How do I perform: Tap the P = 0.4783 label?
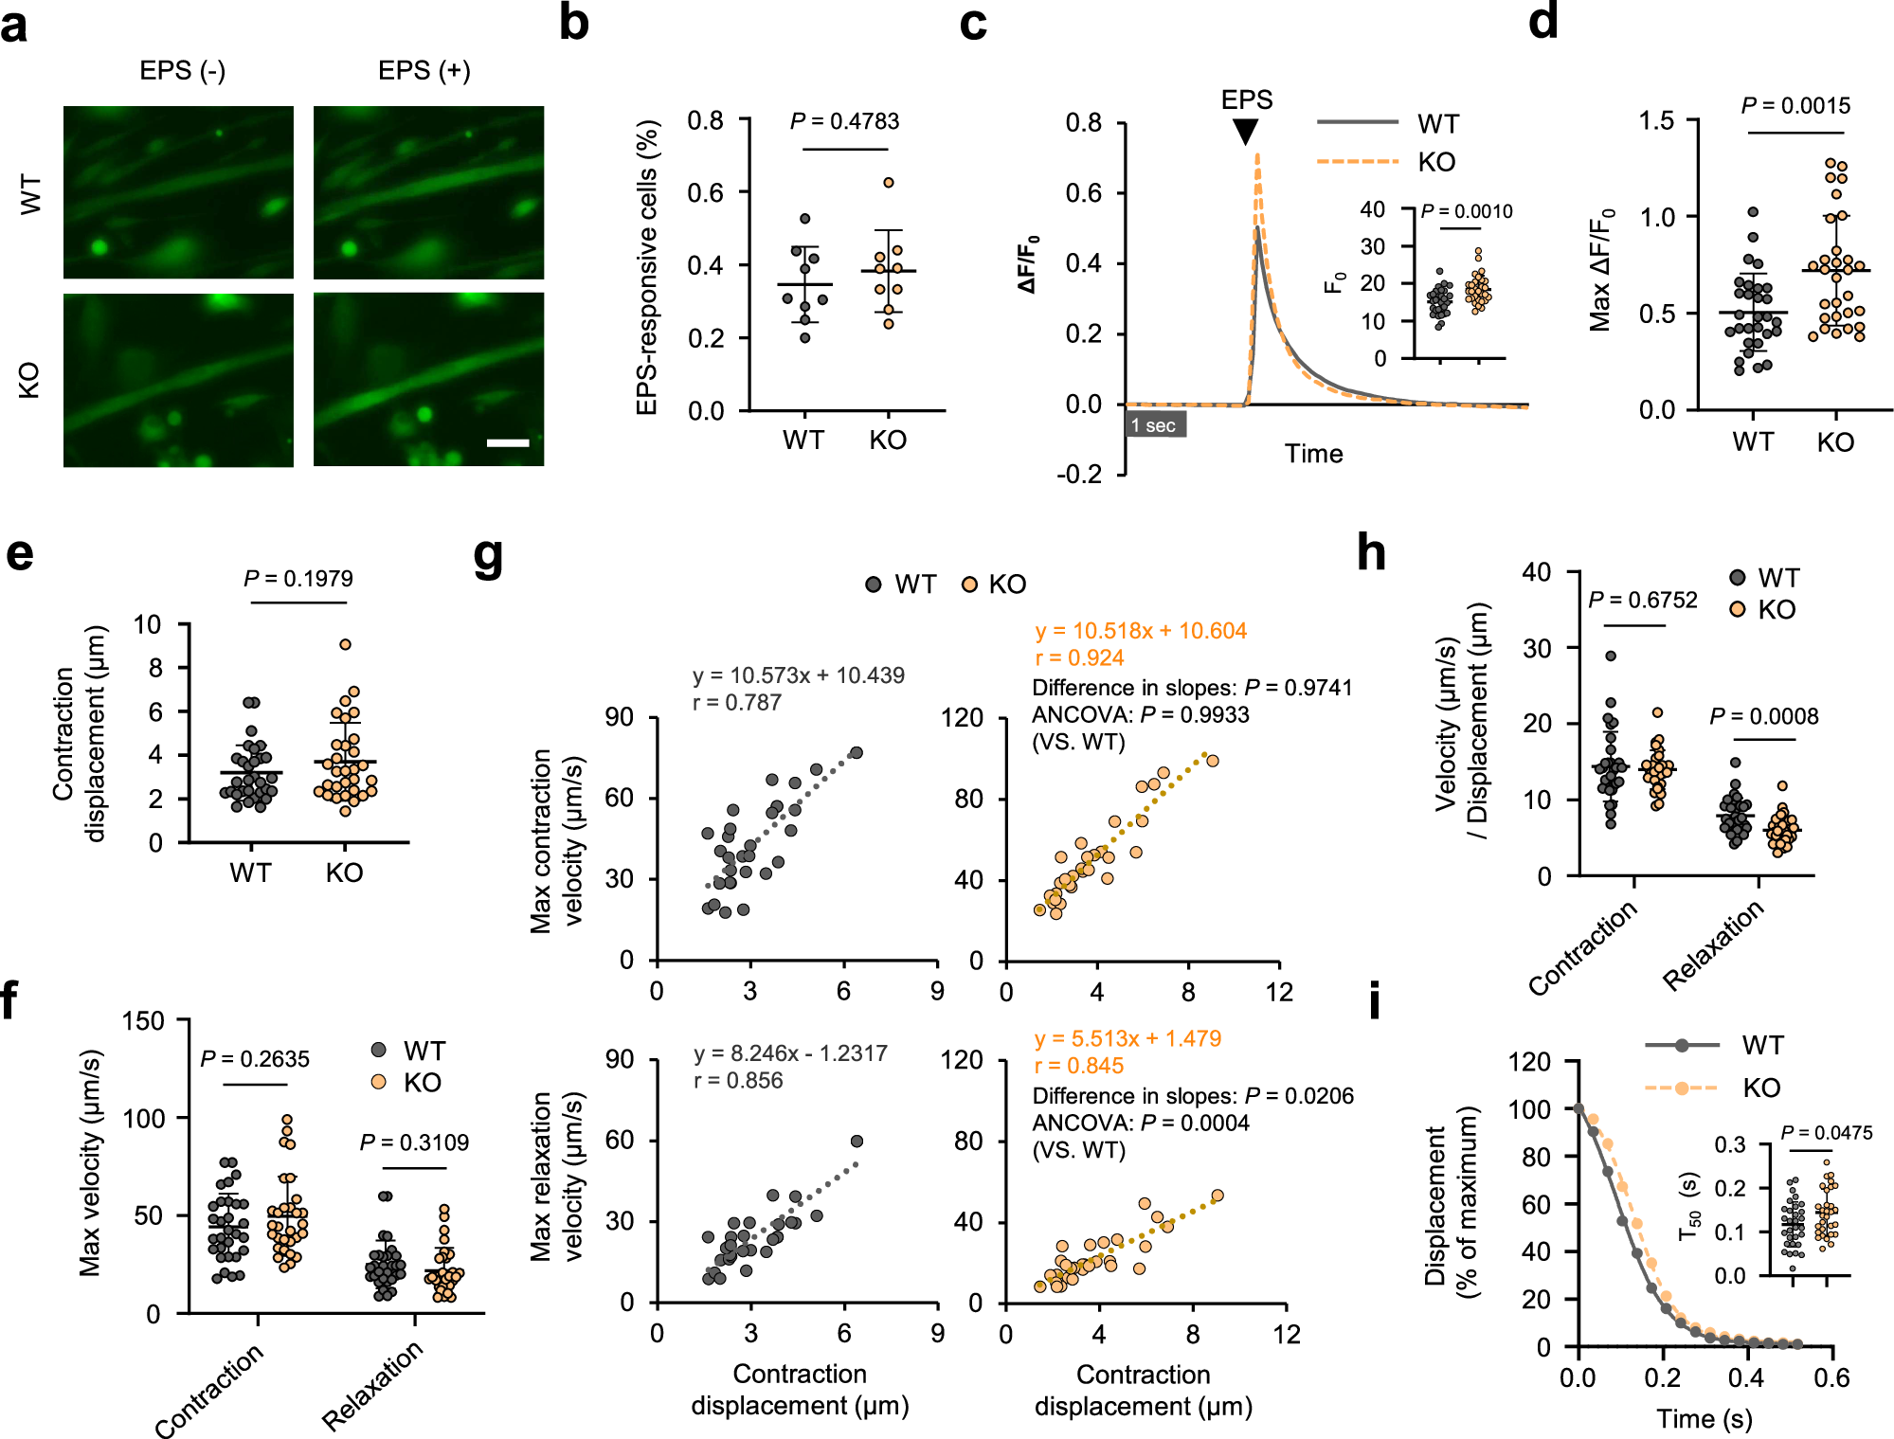[844, 121]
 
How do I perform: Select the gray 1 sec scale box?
[1155, 424]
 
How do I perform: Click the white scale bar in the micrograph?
[508, 442]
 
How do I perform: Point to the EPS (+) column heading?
[424, 71]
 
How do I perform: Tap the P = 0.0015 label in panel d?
[1795, 106]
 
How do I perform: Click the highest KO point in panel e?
[346, 644]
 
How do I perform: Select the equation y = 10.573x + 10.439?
[798, 675]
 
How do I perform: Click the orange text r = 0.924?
[1079, 658]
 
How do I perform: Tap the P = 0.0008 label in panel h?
[1763, 716]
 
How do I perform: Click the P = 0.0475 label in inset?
[1826, 1133]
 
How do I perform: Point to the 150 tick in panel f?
[144, 1021]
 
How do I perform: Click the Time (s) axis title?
[1704, 1418]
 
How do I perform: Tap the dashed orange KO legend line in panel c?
[1357, 162]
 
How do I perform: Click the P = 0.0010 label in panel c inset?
[1466, 211]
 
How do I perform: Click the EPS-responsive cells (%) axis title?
[647, 267]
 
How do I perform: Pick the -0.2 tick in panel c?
[1080, 475]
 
